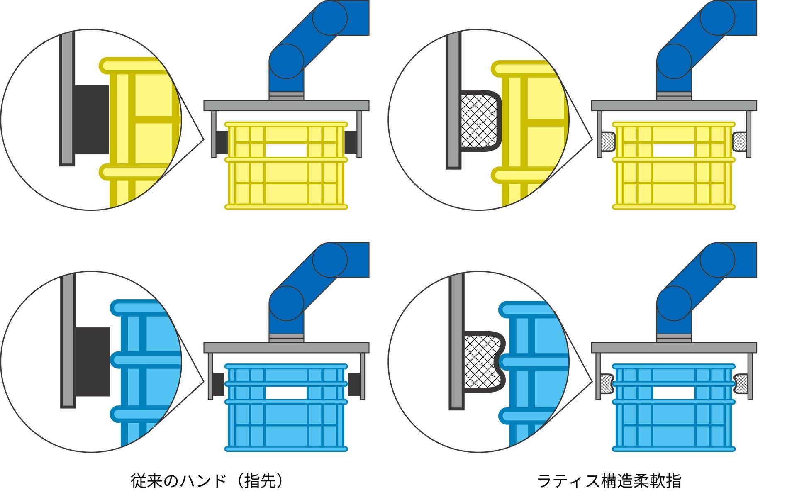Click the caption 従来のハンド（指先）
point(207,481)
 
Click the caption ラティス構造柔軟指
point(609,481)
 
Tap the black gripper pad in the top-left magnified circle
point(92,119)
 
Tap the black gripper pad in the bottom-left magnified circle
point(93,361)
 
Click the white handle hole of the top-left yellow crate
point(286,150)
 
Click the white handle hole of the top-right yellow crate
point(673,150)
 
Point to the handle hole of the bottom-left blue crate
point(286,393)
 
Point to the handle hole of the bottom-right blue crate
point(673,393)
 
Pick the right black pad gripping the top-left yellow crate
point(351,142)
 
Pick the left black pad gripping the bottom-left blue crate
point(218,384)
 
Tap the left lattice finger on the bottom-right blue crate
point(607,384)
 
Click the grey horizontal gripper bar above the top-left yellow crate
point(286,105)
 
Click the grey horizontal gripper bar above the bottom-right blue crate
point(674,348)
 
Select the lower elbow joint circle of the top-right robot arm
point(674,61)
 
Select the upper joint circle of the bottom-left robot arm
point(330,260)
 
